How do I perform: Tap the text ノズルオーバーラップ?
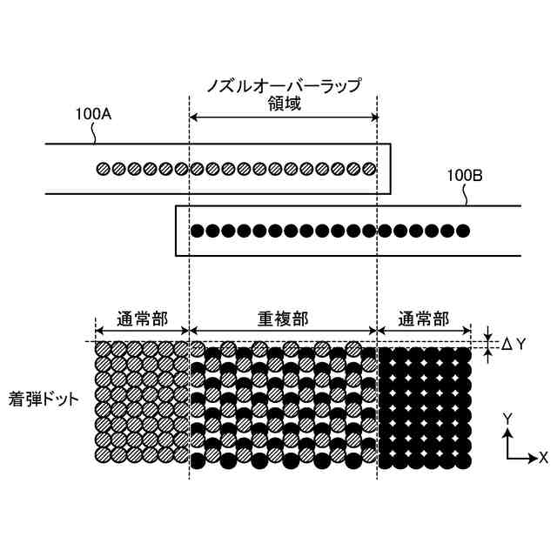283,85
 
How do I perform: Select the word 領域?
283,105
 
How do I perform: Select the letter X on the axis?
543,456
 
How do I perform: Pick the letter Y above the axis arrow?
507,419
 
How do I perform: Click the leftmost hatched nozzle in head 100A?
103,169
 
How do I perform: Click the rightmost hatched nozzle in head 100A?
369,169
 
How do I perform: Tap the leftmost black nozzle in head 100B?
198,231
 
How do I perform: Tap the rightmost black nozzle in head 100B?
463,231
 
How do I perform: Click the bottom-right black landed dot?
464,456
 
